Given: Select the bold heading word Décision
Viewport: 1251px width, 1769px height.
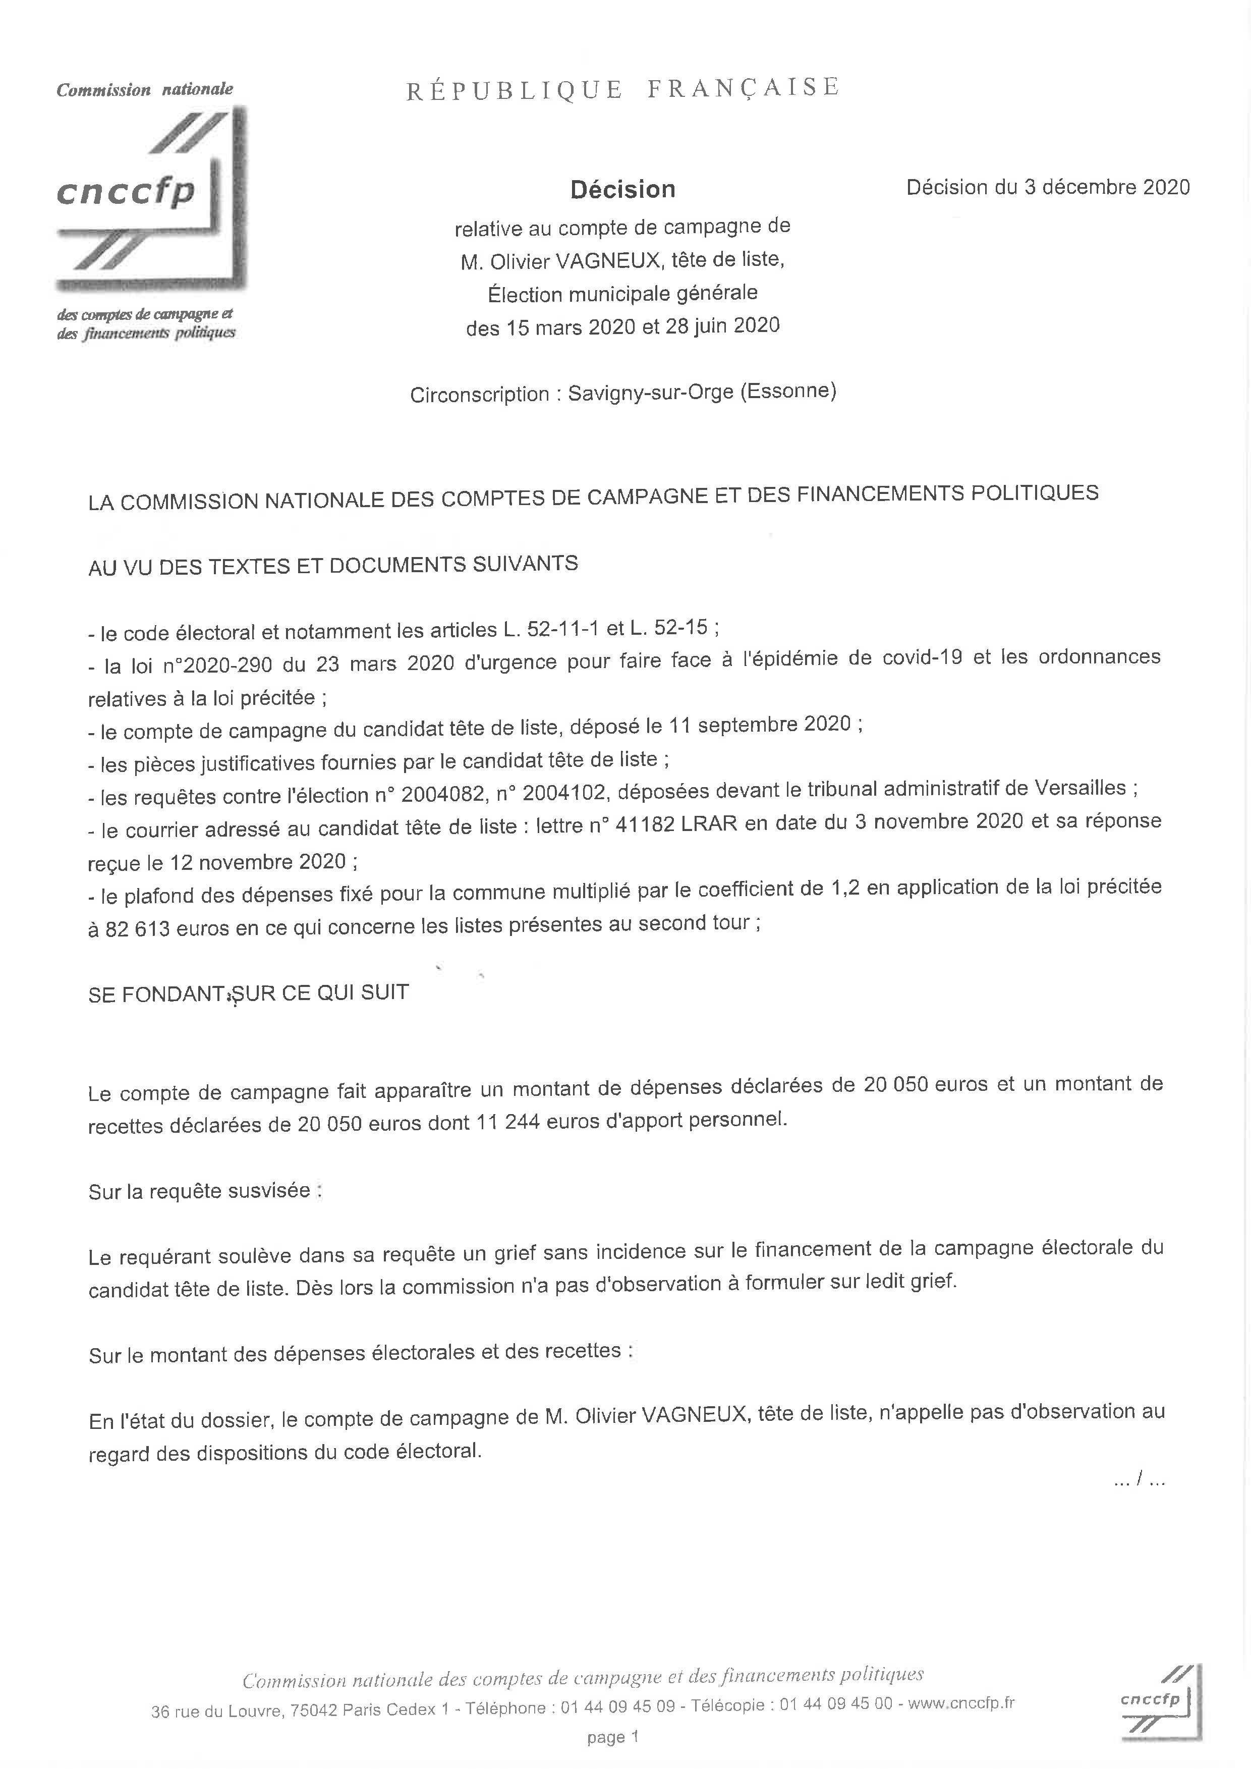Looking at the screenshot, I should coord(622,190).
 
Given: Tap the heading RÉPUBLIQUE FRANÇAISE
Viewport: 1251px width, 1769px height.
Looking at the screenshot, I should coord(622,89).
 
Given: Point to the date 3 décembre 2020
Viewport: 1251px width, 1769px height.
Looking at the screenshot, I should coord(1107,187).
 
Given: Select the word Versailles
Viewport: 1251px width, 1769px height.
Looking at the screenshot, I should coord(1079,788).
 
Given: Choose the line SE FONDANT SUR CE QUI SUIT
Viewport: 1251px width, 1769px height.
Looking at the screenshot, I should coord(248,993).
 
